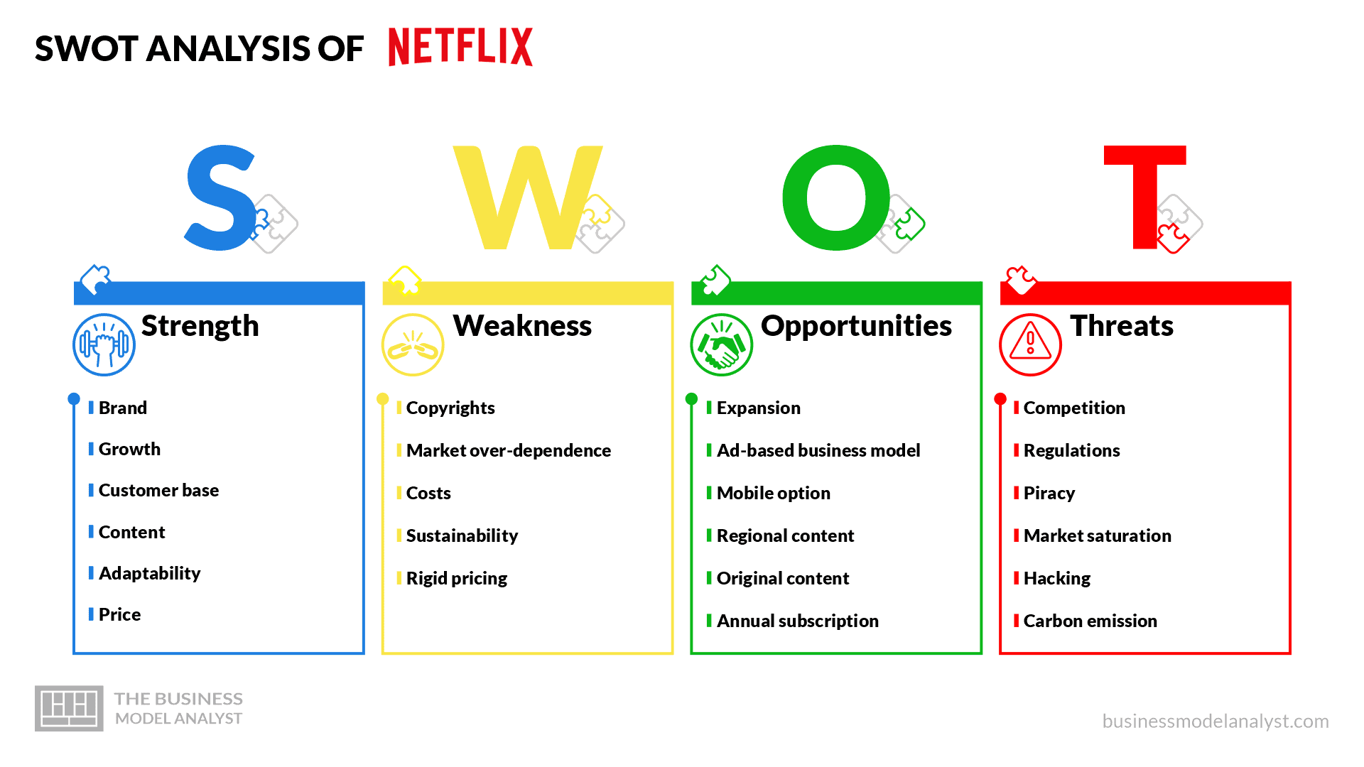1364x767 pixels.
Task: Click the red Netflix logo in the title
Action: point(460,47)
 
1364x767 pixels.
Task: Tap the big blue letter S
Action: point(220,198)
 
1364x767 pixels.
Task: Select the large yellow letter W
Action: point(527,198)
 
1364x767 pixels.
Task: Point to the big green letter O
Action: point(836,198)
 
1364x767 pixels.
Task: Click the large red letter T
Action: point(1144,197)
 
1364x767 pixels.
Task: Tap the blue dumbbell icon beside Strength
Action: point(104,345)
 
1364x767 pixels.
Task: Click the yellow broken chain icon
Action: point(413,345)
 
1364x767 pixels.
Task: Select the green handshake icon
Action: point(722,345)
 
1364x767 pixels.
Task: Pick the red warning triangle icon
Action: point(1030,345)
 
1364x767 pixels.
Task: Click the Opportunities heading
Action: point(856,327)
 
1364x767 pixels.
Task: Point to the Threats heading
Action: point(1122,326)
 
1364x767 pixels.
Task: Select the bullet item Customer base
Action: point(158,491)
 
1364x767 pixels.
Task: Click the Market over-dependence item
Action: point(509,450)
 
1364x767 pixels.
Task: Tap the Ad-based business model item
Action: point(818,450)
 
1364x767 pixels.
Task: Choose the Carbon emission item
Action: point(1090,621)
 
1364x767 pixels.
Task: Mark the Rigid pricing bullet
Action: point(457,579)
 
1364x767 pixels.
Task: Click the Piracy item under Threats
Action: point(1049,494)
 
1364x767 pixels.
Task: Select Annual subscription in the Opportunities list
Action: point(798,621)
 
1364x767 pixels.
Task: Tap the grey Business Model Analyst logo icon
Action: point(69,708)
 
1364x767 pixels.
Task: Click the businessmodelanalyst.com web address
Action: point(1216,722)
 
